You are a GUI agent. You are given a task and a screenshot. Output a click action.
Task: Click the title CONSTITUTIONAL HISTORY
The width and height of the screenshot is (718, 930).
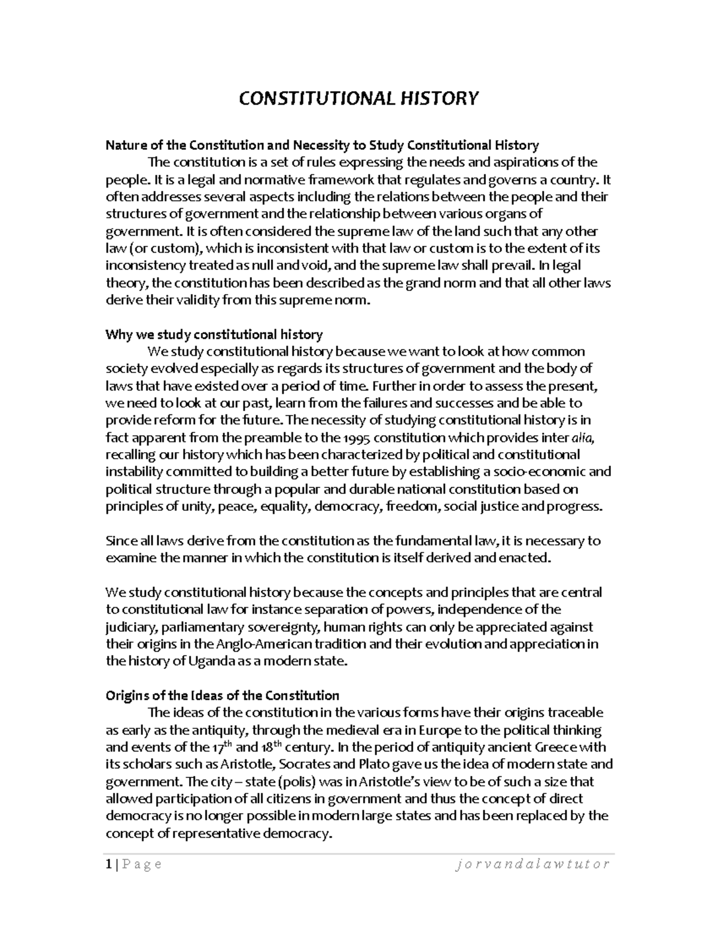coord(359,98)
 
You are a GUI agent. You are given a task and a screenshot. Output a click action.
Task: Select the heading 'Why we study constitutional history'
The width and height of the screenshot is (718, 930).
coord(214,334)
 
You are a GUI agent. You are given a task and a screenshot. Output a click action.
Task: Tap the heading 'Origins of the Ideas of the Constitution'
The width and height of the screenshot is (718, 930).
coord(222,695)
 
